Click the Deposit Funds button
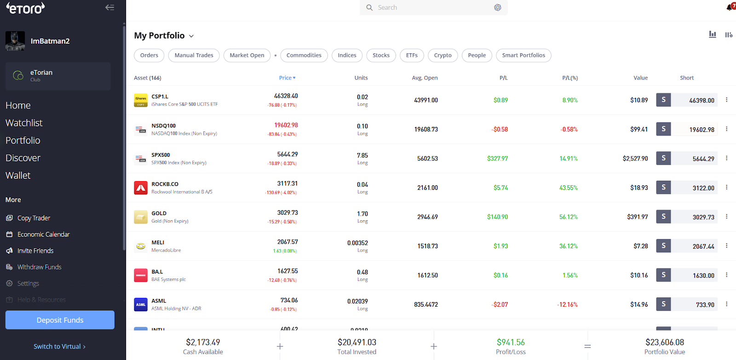pos(60,320)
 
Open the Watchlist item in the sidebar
pos(24,123)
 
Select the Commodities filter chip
pos(304,55)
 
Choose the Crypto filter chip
pos(443,55)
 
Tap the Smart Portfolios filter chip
pos(523,55)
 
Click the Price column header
pos(287,78)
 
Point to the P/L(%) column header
pos(569,78)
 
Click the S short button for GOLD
pos(663,217)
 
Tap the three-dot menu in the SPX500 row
pos(726,158)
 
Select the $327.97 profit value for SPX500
pos(497,159)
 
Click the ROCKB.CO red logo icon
pos(141,188)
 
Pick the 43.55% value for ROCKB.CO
pos(568,188)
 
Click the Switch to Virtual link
pos(59,347)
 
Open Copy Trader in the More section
pos(34,218)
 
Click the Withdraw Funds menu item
pos(39,267)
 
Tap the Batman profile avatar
pos(15,41)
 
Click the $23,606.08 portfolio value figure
pos(664,342)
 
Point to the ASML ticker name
pos(159,301)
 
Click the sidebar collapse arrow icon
pos(109,7)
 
